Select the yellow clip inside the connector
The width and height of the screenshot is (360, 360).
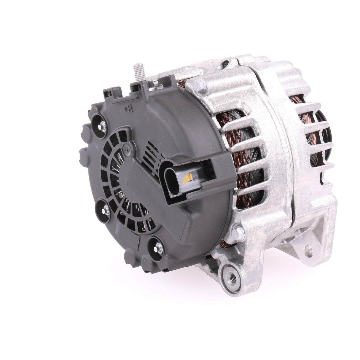click(187, 178)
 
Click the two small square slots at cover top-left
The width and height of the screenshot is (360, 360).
click(111, 93)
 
